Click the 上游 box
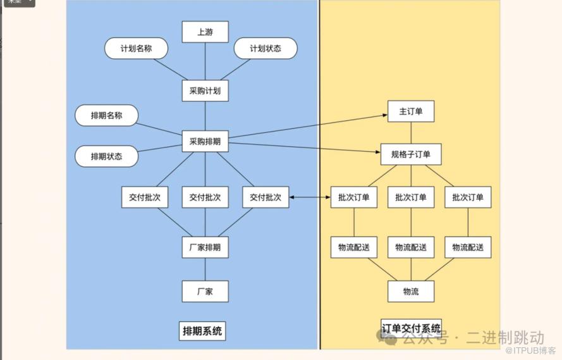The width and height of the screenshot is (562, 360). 205,32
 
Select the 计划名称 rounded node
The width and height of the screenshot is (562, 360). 136,49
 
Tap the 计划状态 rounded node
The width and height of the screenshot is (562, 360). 265,49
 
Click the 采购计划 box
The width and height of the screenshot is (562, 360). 205,90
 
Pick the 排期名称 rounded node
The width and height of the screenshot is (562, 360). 106,116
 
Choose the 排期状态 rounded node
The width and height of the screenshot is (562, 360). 106,156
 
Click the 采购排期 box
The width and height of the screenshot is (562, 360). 205,142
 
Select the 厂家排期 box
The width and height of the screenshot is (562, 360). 205,246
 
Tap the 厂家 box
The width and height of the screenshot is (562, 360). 205,291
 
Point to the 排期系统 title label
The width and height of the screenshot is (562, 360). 203,330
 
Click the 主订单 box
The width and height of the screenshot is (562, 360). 411,112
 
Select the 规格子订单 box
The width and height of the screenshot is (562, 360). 411,154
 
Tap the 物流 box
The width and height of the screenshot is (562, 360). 411,291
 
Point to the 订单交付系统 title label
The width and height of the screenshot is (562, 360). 411,328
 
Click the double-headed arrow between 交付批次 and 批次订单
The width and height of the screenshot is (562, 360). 310,197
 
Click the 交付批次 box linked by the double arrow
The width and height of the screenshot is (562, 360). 266,197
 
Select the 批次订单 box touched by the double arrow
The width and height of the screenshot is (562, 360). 353,197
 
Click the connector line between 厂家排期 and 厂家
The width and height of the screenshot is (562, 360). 205,269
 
